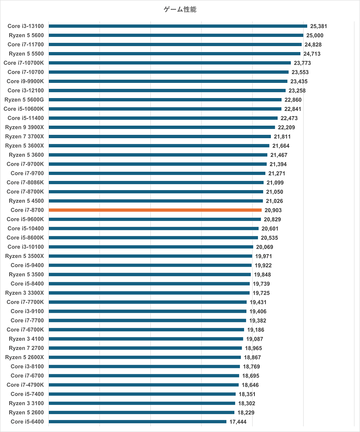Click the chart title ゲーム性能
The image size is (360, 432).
coord(180,10)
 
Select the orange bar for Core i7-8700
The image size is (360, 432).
coord(155,210)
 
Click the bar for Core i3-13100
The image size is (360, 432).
coord(178,26)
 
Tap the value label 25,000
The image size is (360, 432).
coord(315,35)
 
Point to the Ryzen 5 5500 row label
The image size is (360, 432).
coord(26,54)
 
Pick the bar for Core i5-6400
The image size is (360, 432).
coord(138,422)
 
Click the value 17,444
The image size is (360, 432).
coord(238,422)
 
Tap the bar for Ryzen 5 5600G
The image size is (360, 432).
coord(165,100)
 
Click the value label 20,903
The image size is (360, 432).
coord(273,210)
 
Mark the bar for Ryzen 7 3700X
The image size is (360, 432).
coord(160,137)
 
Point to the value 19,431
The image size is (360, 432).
coord(258,302)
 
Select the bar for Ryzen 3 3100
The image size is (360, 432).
coord(142,403)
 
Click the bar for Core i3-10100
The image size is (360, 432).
coord(151,247)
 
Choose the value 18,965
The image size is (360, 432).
coord(254,348)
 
